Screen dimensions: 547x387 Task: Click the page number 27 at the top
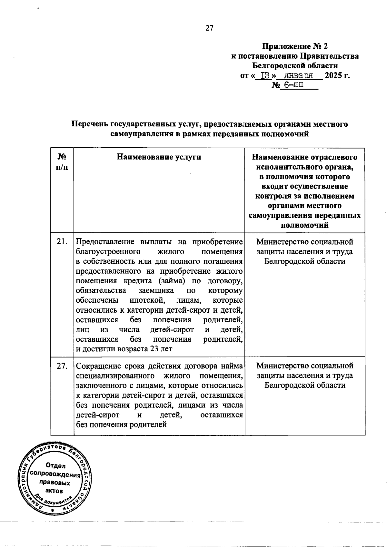[209, 28]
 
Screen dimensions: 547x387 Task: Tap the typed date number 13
[265, 76]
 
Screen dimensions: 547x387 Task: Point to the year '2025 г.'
[337, 76]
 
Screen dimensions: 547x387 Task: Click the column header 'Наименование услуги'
[159, 157]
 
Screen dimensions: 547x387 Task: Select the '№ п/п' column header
[62, 162]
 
